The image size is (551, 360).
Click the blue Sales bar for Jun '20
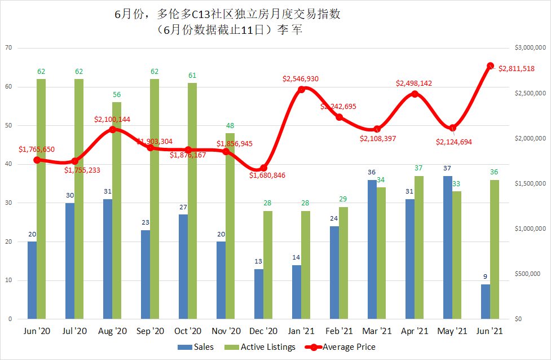(32, 280)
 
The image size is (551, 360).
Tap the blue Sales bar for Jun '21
(486, 301)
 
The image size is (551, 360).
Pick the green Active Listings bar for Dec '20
(268, 265)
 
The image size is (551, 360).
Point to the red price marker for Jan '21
(302, 89)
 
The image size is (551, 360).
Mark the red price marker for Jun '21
(491, 66)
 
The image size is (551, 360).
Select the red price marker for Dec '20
(263, 168)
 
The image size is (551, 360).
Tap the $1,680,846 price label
(268, 175)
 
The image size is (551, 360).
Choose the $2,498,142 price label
(414, 83)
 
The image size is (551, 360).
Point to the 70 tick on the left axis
(8, 48)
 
